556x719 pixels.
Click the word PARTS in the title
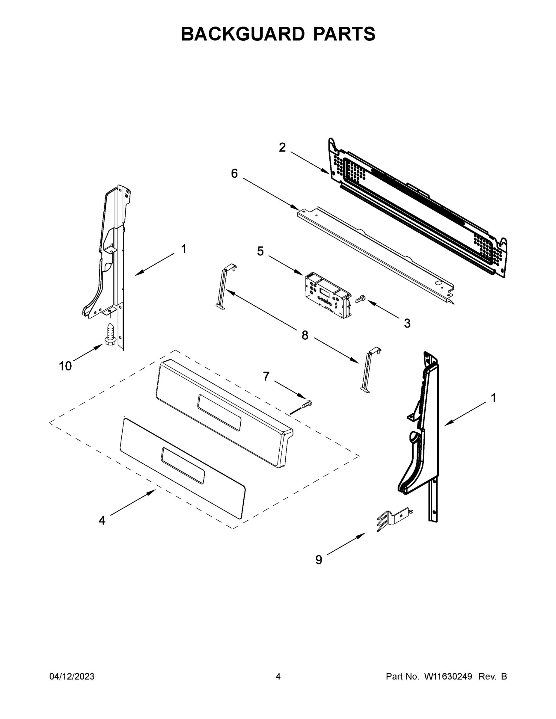click(x=344, y=34)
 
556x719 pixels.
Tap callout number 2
click(x=282, y=147)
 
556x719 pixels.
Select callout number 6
click(x=234, y=173)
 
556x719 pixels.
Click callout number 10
click(x=65, y=366)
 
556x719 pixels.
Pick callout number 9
click(x=319, y=560)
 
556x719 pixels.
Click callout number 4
click(x=102, y=520)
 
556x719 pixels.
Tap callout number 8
click(x=305, y=336)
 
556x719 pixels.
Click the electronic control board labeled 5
click(x=327, y=294)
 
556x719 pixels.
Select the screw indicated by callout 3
click(x=361, y=299)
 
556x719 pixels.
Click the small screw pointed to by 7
click(x=307, y=404)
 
